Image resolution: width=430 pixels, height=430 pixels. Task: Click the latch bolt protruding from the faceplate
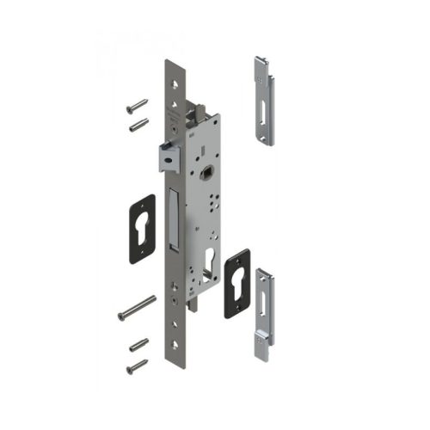pos(168,156)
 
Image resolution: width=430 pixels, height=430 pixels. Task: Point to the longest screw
pos(137,307)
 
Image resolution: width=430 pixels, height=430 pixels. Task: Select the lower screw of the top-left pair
pos(138,126)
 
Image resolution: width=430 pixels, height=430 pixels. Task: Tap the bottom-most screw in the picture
pos(137,366)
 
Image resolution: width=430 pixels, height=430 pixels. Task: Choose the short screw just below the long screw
pos(138,345)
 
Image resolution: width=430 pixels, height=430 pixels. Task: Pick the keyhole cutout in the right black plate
pos(237,283)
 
